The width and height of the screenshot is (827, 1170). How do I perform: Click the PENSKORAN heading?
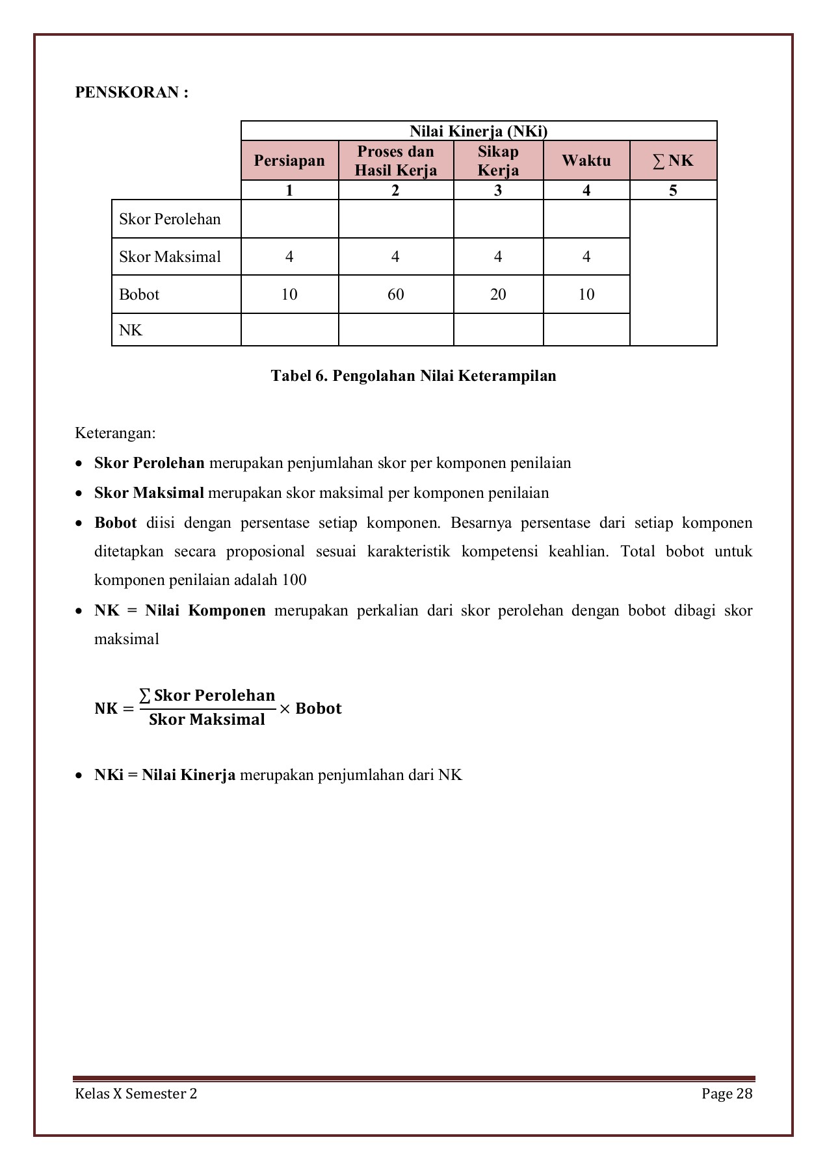coord(131,92)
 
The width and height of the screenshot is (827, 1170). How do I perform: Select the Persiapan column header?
coord(289,161)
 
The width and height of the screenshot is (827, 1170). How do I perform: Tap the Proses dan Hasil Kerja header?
coord(395,161)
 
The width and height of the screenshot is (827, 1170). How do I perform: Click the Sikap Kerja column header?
coord(498,161)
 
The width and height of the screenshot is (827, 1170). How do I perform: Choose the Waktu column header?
coord(586,161)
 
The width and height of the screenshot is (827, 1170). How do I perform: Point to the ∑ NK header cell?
coord(673,161)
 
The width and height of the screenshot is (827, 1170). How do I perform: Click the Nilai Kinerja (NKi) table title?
coord(479,131)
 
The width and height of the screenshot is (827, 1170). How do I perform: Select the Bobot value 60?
coord(395,294)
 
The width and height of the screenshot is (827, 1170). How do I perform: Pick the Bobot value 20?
coord(498,294)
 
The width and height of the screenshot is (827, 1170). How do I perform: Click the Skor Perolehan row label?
coord(170,219)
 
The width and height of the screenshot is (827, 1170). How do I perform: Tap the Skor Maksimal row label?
coord(170,257)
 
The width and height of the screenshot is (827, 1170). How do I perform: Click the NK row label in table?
coord(131,330)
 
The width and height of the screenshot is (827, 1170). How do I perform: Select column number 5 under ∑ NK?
coord(673,190)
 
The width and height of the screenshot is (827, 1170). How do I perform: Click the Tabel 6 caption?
coord(413,376)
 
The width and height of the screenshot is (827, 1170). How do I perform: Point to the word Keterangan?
coord(115,433)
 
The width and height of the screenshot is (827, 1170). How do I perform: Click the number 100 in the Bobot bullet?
coord(294,580)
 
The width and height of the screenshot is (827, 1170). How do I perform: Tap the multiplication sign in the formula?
coord(285,708)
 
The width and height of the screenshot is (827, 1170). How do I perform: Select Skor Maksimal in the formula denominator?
coord(207,720)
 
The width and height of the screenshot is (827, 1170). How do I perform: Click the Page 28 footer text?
coord(726,1093)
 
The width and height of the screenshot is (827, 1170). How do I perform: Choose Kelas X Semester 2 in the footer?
coord(136,1093)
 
